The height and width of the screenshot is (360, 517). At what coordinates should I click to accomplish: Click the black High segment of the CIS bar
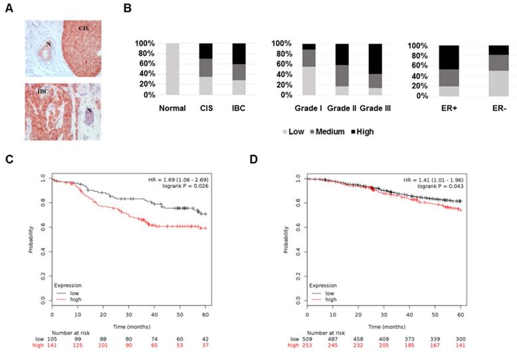207,51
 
